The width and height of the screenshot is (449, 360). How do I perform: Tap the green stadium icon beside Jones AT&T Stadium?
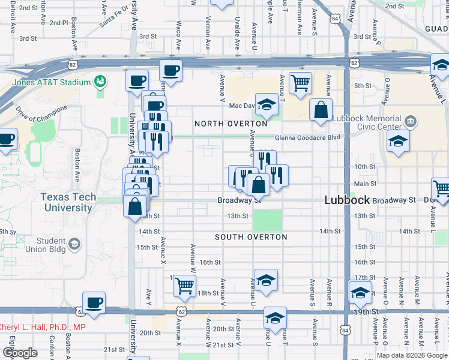(x=101, y=80)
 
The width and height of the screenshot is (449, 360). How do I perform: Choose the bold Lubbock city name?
(x=346, y=200)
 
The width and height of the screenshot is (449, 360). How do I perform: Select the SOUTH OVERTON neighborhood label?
(x=252, y=237)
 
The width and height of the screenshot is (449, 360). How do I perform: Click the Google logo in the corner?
(x=19, y=353)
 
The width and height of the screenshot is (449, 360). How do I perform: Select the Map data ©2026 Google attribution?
(x=412, y=355)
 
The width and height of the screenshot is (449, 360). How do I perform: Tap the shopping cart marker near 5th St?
(x=300, y=83)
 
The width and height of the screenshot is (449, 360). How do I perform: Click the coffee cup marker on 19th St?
(x=94, y=302)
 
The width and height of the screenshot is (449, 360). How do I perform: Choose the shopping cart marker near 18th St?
(x=184, y=285)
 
